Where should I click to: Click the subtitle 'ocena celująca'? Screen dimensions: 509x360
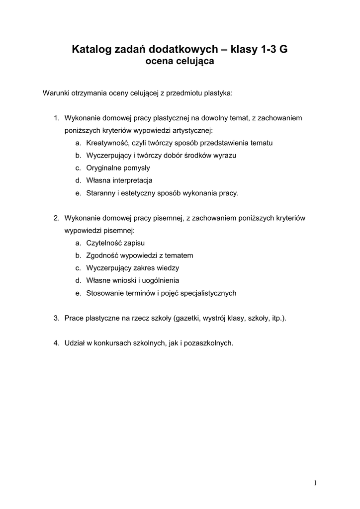coord(180,62)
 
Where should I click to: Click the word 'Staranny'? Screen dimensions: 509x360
coord(101,193)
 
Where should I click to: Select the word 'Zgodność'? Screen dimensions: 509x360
coord(101,255)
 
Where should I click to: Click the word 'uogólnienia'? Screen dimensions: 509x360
coord(161,280)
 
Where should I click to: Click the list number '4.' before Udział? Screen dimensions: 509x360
coord(57,343)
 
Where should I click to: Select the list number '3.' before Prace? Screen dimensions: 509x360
coord(57,318)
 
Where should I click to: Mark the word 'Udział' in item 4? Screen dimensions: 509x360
coord(75,343)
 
